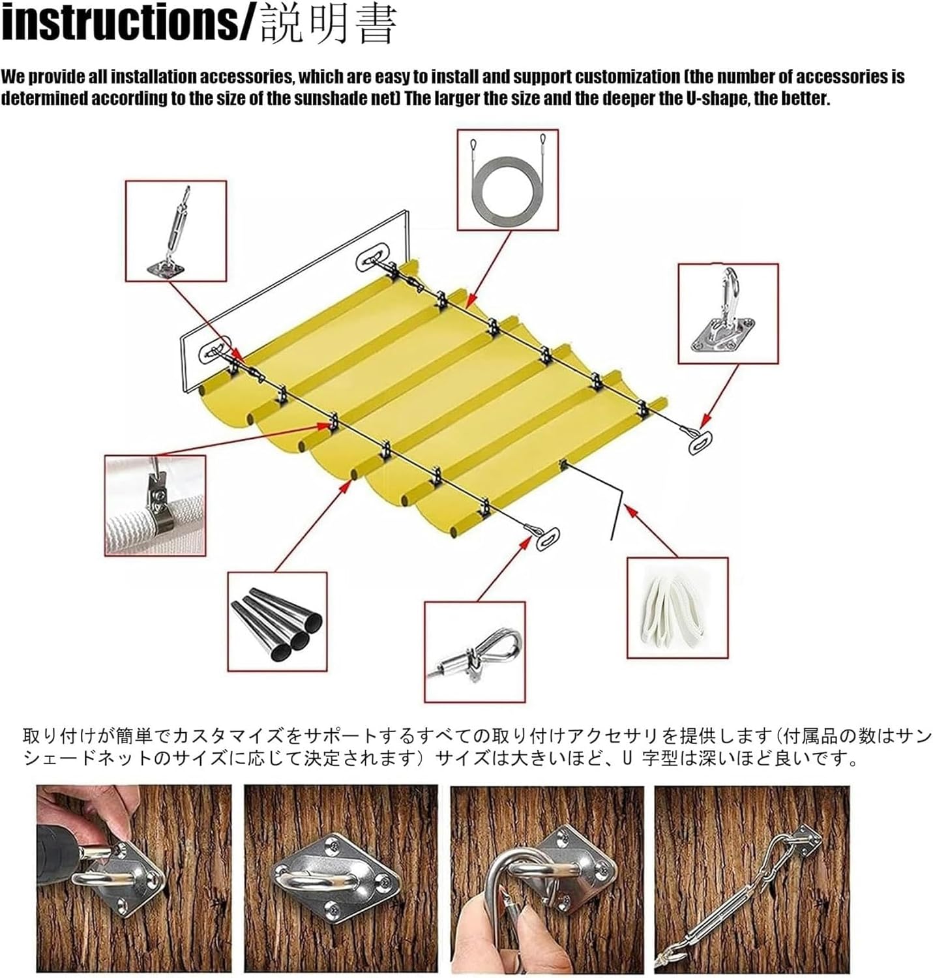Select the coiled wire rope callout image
point(507,179)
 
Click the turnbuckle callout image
point(175,231)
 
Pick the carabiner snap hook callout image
point(728,313)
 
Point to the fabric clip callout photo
point(155,505)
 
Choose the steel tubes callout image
point(277,622)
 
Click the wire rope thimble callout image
point(475,651)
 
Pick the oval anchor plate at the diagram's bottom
point(548,539)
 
